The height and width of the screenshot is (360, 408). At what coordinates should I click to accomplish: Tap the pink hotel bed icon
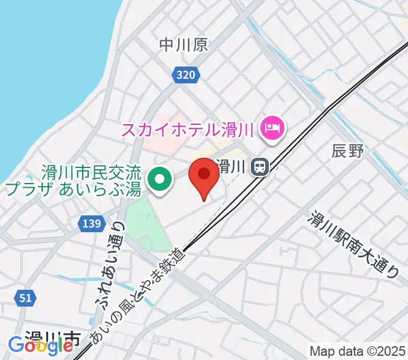point(273,128)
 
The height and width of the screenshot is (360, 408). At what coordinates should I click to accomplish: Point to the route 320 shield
point(186,75)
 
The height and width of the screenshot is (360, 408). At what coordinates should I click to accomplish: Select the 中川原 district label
point(184,44)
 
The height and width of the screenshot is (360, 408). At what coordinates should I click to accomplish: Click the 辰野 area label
point(348,151)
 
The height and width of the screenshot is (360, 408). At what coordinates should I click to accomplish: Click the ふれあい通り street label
point(110,266)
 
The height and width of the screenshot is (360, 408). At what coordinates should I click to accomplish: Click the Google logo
point(40,346)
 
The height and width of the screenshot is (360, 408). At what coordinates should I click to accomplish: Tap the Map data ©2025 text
point(358,351)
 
